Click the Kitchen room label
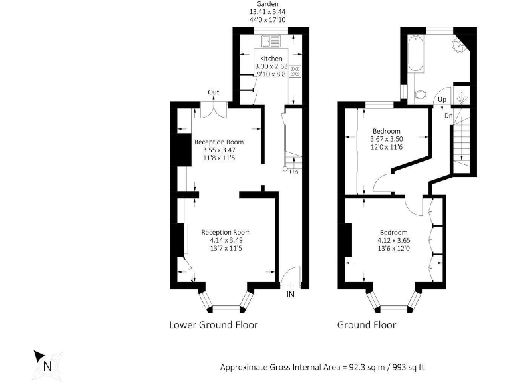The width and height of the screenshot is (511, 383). pyautogui.click(x=271, y=59)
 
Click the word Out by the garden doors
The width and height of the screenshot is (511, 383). pyautogui.click(x=213, y=92)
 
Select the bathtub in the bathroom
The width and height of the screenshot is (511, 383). pyautogui.click(x=414, y=55)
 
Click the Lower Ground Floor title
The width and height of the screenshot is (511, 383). pyautogui.click(x=213, y=325)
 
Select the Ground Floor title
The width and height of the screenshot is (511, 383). pyautogui.click(x=367, y=325)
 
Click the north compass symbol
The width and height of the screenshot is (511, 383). pyautogui.click(x=46, y=364)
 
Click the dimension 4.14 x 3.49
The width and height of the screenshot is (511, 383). pyautogui.click(x=226, y=240)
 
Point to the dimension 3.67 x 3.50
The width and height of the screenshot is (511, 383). pyautogui.click(x=387, y=139)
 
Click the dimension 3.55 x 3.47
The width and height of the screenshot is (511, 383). pyautogui.click(x=218, y=150)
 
